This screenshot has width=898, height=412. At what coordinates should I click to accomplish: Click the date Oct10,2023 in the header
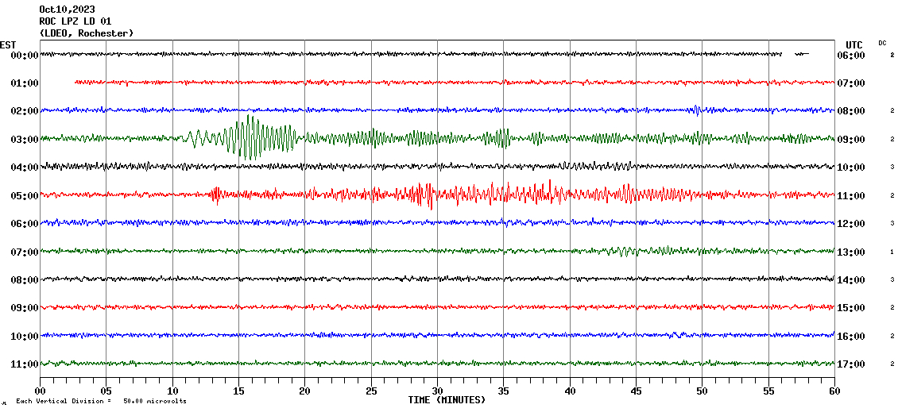(x=67, y=10)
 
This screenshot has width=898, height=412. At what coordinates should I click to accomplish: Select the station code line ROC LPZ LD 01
(x=75, y=21)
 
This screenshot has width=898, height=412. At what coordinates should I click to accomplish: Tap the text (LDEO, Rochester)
(x=86, y=33)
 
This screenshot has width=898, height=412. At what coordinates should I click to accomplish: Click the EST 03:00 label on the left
(x=25, y=139)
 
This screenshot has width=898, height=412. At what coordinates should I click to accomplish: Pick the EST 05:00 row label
(x=25, y=195)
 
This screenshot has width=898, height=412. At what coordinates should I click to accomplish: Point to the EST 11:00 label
(x=25, y=364)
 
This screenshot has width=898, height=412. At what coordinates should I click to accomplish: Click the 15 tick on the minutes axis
(x=238, y=391)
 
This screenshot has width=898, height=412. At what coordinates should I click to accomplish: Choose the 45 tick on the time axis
(x=636, y=391)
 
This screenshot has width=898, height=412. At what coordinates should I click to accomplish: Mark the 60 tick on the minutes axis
(x=834, y=391)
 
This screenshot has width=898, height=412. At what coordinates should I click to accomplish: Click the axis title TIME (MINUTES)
(x=447, y=400)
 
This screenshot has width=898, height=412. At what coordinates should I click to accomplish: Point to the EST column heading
(x=9, y=44)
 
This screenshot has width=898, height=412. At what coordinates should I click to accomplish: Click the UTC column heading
(x=853, y=44)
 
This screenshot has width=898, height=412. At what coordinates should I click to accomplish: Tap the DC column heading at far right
(x=882, y=43)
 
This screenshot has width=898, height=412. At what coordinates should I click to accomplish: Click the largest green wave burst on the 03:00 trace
(x=251, y=137)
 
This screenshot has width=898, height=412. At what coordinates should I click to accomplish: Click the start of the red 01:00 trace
(x=76, y=82)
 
